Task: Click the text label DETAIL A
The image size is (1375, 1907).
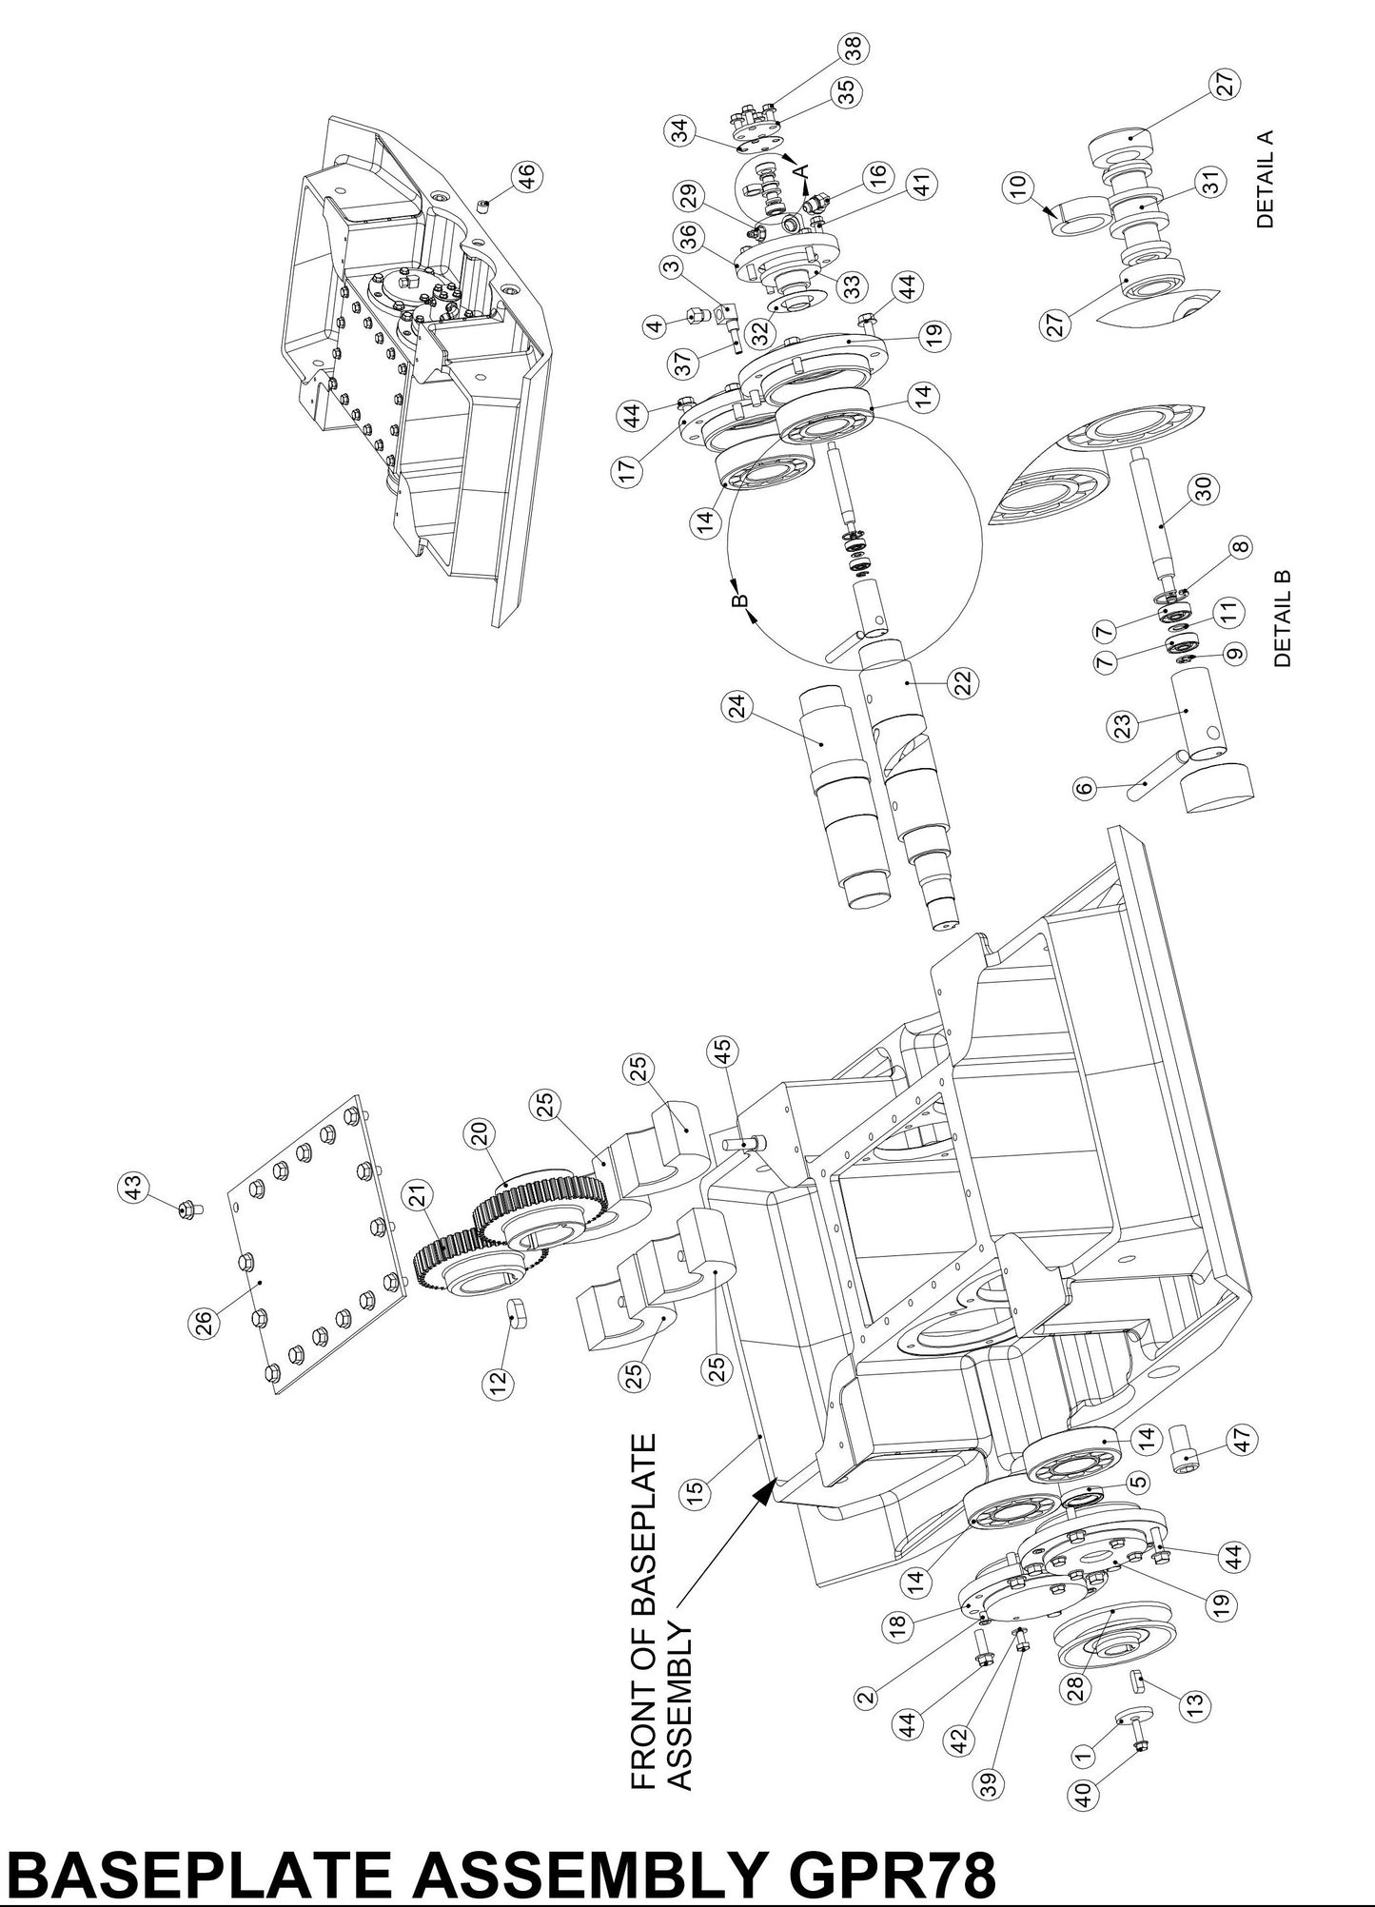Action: pyautogui.click(x=1264, y=178)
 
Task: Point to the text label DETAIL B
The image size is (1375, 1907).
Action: pyautogui.click(x=1282, y=619)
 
